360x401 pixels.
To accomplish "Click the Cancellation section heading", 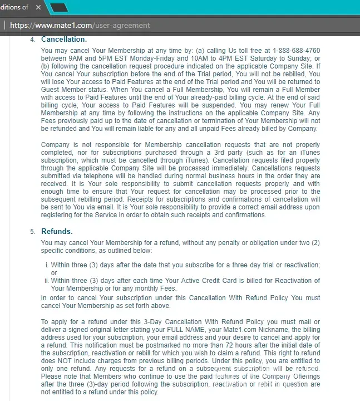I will (64, 40).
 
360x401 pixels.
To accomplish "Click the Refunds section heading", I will (57, 231).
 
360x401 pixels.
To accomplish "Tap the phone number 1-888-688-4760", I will (296, 51).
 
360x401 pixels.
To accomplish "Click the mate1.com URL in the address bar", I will (80, 25).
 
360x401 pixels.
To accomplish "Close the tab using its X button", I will (38, 7).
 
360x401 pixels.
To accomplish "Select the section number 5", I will (32, 232).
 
